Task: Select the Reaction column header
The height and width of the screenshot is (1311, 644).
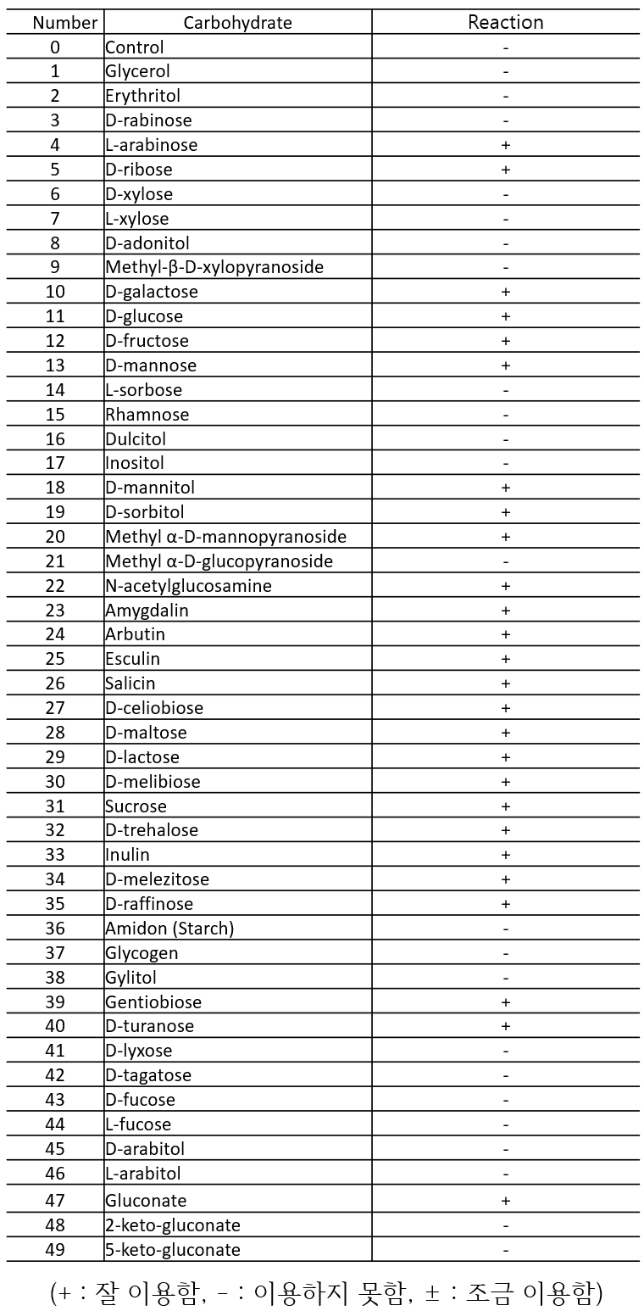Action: click(x=505, y=22)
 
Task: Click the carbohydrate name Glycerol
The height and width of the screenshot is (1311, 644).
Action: click(x=137, y=72)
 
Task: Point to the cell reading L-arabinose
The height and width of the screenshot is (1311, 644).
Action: click(x=151, y=145)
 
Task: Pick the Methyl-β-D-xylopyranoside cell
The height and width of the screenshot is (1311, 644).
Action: click(x=214, y=268)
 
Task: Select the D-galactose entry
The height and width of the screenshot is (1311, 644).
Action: click(x=152, y=292)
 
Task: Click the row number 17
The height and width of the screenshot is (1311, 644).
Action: click(x=55, y=463)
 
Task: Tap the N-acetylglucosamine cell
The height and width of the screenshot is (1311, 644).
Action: click(x=188, y=586)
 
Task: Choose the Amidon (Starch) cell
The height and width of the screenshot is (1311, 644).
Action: click(x=169, y=929)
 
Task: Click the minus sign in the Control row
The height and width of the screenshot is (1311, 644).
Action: click(x=506, y=47)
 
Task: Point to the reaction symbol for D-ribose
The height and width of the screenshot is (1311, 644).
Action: click(x=506, y=170)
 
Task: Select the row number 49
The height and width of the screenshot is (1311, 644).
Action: click(x=55, y=1250)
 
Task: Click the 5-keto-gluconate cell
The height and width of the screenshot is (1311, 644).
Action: click(x=173, y=1250)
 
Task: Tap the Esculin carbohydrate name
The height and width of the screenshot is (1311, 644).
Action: click(x=132, y=659)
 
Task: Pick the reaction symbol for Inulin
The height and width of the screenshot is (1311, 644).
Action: click(x=506, y=855)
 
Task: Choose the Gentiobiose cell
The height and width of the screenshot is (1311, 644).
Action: click(x=153, y=1002)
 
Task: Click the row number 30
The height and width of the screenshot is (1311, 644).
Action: click(x=55, y=781)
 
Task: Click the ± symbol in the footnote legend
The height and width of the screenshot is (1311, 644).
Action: click(x=432, y=1293)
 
